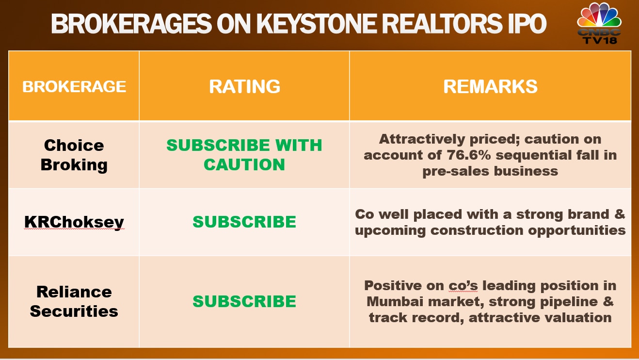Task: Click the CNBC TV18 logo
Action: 599,23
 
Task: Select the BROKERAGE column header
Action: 74,86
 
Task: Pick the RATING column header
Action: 244,86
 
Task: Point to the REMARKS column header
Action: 490,86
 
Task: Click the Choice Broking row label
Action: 74,155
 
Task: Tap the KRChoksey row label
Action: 74,222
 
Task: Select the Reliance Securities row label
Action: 74,301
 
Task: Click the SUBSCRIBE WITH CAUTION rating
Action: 244,155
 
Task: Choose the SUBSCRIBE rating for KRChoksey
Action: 244,222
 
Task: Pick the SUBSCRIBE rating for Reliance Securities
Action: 244,301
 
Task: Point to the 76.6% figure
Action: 469,155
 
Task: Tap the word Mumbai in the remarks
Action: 395,302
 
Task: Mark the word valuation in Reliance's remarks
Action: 575,317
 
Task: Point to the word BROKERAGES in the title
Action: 131,24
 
